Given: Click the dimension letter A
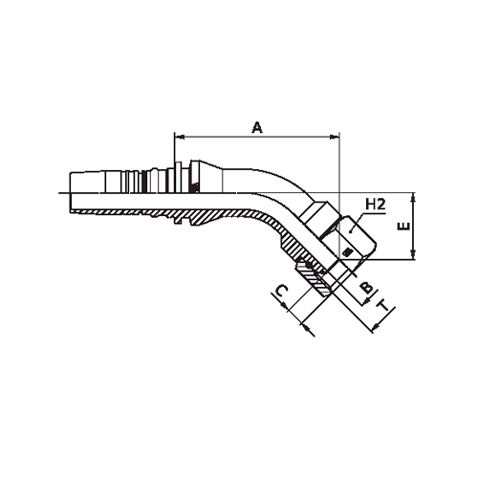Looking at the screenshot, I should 256,125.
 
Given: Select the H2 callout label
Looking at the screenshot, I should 377,204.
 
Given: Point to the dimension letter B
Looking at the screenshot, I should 364,288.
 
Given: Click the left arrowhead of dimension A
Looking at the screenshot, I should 178,136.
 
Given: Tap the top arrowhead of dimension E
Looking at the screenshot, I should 412,197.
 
